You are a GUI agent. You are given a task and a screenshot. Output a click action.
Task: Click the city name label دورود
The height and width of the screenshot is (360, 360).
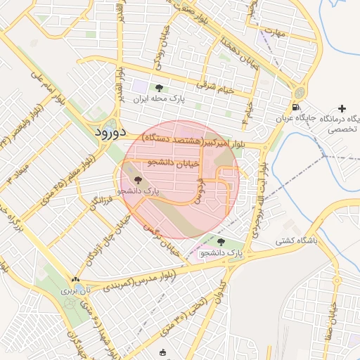click(110, 131)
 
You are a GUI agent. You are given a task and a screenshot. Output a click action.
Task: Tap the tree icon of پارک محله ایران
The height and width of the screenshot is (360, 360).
click(159, 88)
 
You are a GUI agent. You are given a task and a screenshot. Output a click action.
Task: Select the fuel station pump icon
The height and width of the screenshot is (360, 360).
click(294, 107)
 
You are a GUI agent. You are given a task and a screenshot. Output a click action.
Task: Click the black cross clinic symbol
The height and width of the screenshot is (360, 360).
click(342, 108)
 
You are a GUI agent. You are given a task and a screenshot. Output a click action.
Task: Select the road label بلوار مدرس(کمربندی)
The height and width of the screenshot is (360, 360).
click(138, 280)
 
